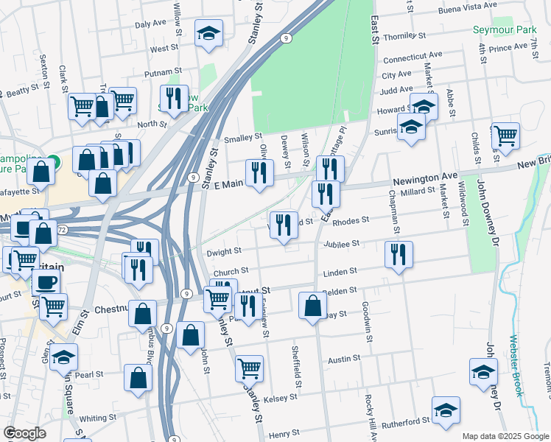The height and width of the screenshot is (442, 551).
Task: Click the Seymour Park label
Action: pyautogui.click(x=502, y=33)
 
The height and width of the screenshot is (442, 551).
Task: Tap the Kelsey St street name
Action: pyautogui.click(x=281, y=397)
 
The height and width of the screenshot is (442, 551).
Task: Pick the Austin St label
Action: pyautogui.click(x=343, y=359)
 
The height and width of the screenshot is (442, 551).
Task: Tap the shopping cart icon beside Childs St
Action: pyautogui.click(x=505, y=136)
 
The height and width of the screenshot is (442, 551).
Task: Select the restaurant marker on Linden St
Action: pyautogui.click(x=399, y=255)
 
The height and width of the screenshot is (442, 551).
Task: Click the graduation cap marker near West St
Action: pyautogui.click(x=208, y=33)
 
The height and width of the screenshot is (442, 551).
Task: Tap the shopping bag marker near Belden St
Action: pyautogui.click(x=313, y=305)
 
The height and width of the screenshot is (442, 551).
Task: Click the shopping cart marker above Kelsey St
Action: pyautogui.click(x=250, y=367)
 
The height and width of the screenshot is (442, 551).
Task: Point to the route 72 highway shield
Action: pyautogui.click(x=63, y=231)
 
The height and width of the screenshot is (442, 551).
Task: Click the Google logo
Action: pyautogui.click(x=25, y=432)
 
